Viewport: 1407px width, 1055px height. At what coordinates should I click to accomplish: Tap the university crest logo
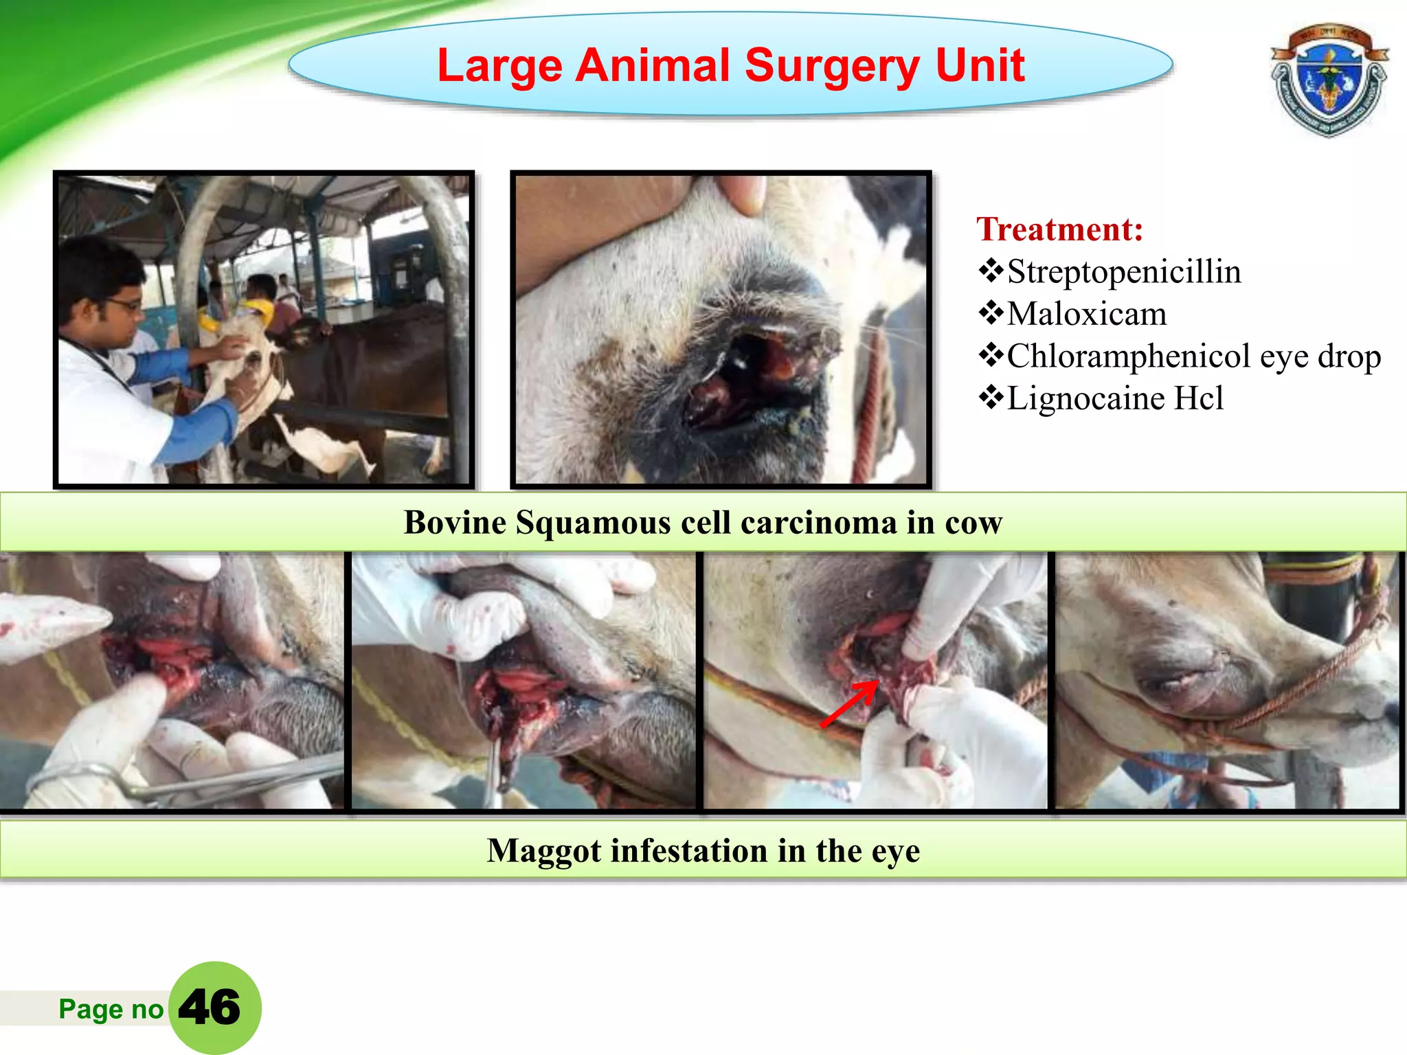pos(1329,80)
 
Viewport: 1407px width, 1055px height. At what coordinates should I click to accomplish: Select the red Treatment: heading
pos(1059,229)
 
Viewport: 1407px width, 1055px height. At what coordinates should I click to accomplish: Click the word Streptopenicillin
pos(1124,272)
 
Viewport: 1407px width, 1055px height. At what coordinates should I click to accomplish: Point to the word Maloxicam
pos(1087,315)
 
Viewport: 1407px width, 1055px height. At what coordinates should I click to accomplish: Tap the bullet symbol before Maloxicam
pos(991,313)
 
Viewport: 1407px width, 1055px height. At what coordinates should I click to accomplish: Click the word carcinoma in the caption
pos(818,523)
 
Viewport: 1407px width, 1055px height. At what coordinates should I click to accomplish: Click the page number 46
pos(210,1008)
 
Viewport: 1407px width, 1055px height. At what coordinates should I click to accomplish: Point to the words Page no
pos(111,1009)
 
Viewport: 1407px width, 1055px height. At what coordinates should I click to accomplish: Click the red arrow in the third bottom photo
pos(850,703)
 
